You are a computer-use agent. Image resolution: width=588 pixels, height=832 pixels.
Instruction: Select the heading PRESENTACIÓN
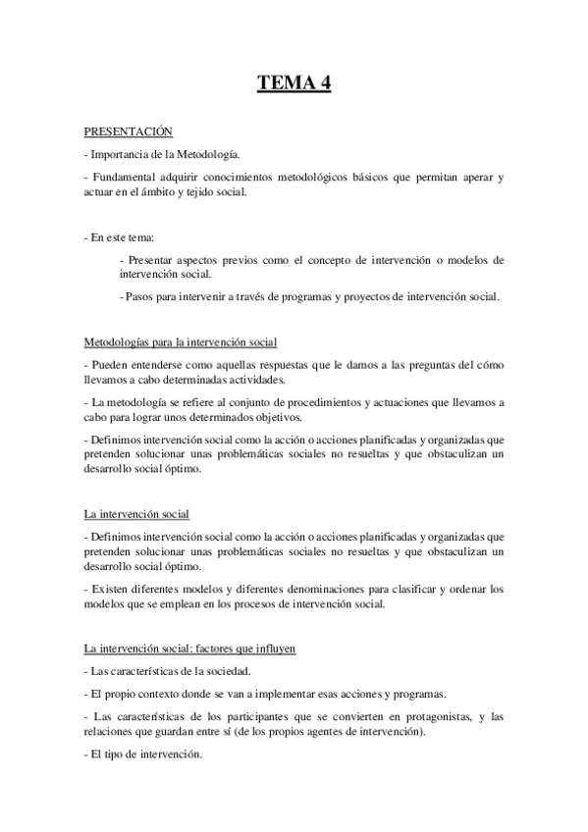click(128, 130)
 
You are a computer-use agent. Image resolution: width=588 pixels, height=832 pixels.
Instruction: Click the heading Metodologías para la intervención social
click(181, 342)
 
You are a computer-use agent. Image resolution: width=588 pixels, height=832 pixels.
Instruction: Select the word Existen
click(112, 590)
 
